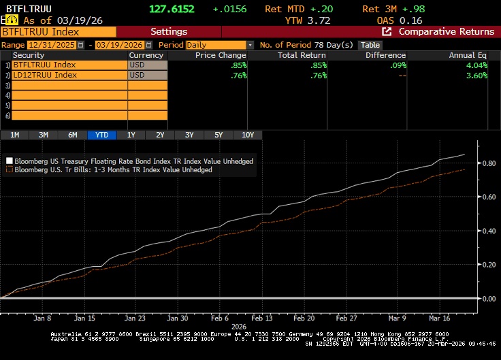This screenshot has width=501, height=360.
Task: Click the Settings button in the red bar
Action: tap(168, 31)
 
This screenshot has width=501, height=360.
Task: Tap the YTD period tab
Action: tap(102, 135)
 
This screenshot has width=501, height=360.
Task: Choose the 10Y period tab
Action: tap(248, 135)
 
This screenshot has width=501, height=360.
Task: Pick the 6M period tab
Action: tap(73, 135)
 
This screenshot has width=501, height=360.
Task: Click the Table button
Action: tap(370, 45)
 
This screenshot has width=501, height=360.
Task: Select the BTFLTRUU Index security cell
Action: tap(68, 65)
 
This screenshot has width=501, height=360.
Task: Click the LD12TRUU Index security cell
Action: tap(68, 75)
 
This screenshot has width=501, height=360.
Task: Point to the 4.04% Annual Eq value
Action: tap(476, 65)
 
